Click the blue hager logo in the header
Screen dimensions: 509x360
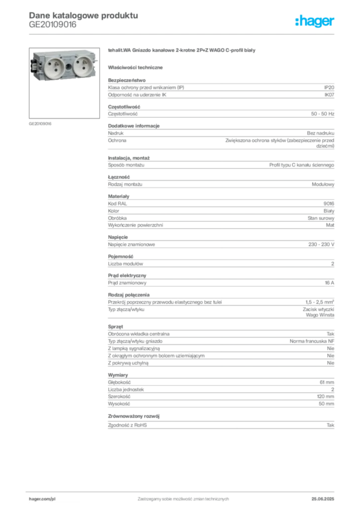(315, 21)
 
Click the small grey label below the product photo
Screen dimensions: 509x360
(39, 123)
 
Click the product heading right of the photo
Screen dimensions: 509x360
(182, 52)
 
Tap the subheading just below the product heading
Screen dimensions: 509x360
(137, 67)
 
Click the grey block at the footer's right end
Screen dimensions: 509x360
(327, 496)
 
